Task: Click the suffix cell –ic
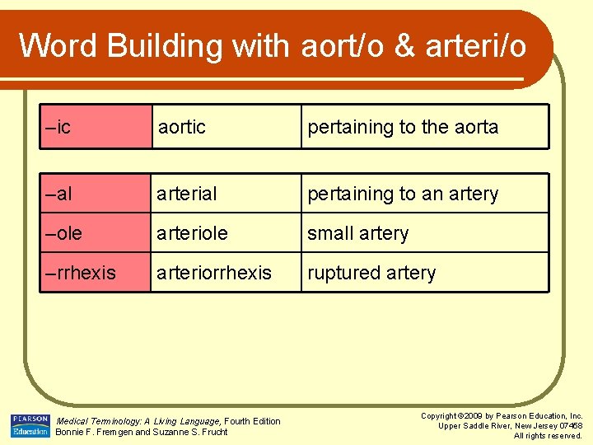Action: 58,127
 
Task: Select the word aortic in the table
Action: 182,127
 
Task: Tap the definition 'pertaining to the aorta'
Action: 403,127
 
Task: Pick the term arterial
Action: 187,194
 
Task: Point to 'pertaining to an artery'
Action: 403,194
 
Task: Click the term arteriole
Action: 193,233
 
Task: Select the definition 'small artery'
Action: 357,233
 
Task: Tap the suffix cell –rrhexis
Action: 81,273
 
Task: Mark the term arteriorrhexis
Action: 214,273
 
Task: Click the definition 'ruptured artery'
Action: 371,273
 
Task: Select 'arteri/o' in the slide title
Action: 475,46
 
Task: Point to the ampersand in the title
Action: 404,46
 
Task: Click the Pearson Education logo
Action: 30,426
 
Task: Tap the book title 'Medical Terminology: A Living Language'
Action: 138,421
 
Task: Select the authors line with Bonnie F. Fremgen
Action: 141,432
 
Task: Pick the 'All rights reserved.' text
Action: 548,435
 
